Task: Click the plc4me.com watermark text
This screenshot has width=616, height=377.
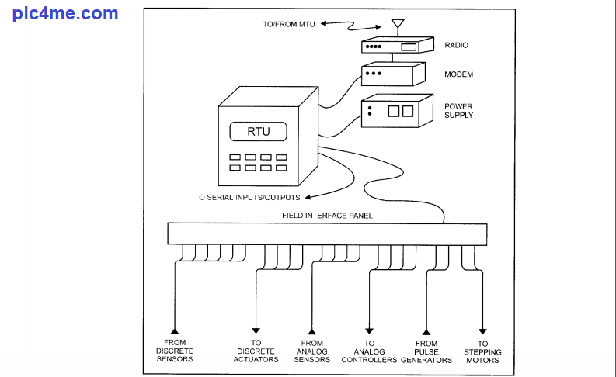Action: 65,13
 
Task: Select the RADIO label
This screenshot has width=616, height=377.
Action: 456,46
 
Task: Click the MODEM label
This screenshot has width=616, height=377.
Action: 458,75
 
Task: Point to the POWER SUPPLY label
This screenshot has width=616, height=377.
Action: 458,111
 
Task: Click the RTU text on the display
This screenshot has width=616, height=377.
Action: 259,131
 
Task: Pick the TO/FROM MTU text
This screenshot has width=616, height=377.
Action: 289,25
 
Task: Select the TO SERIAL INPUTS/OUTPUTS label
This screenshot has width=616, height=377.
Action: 247,197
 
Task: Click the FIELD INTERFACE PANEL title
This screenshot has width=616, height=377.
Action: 326,216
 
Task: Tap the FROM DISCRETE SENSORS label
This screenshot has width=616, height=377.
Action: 175,351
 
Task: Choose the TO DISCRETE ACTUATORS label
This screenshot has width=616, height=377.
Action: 256,351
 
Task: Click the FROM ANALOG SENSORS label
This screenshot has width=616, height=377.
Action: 312,351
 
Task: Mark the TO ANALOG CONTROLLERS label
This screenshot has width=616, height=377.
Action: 370,351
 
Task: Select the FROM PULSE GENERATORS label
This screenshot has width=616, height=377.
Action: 426,351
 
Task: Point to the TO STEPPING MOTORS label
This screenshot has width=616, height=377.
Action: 483,351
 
